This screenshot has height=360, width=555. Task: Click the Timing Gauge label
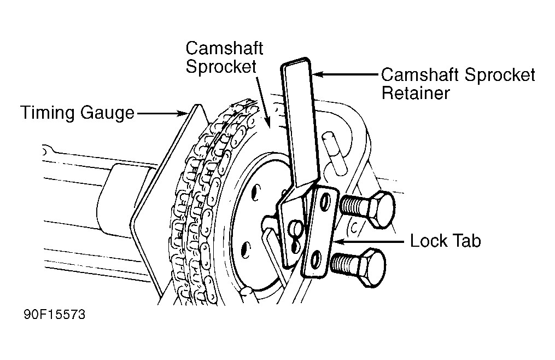pyautogui.click(x=78, y=113)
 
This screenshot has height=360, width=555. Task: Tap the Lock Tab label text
pyautogui.click(x=445, y=241)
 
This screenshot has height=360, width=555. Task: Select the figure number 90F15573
pyautogui.click(x=55, y=314)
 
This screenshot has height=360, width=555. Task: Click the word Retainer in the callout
pyautogui.click(x=416, y=93)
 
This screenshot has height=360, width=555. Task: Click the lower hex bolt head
pyautogui.click(x=371, y=267)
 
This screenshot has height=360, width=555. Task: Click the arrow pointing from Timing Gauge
pyautogui.click(x=162, y=113)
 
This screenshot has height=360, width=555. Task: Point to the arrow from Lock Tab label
pyautogui.click(x=369, y=242)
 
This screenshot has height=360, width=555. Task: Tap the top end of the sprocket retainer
pyautogui.click(x=296, y=61)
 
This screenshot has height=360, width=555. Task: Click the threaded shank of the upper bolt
pyautogui.click(x=354, y=207)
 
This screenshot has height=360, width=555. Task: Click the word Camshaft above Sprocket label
pyautogui.click(x=224, y=48)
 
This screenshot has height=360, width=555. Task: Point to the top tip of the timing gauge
pyautogui.click(x=198, y=105)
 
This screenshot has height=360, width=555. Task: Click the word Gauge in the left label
pyautogui.click(x=107, y=113)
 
